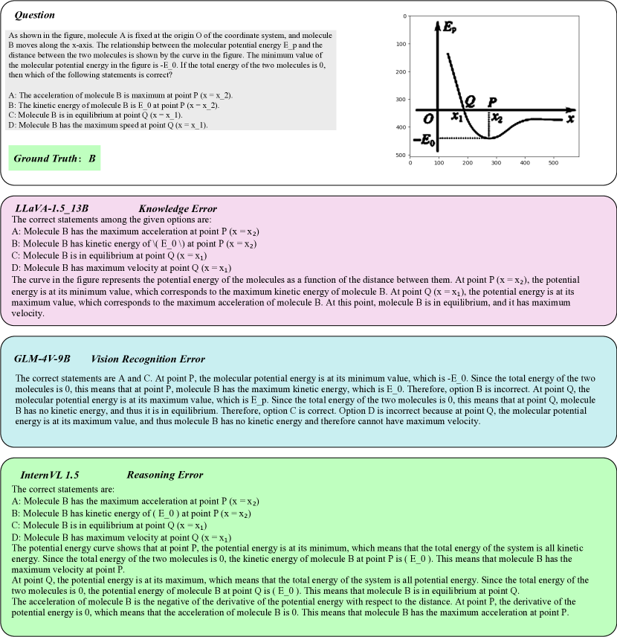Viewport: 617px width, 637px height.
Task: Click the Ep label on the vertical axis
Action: coord(450,28)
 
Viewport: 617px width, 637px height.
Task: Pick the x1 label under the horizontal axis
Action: coord(458,118)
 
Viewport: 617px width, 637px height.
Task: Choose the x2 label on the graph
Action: coord(497,118)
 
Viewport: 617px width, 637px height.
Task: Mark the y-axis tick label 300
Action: coord(401,99)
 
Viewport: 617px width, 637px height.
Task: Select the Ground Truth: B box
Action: coord(55,159)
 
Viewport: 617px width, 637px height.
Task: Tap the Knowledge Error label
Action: coord(178,208)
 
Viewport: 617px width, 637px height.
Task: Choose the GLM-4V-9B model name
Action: coord(42,359)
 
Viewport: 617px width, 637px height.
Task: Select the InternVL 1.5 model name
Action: coord(50,475)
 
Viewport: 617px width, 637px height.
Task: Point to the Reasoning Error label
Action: coord(165,475)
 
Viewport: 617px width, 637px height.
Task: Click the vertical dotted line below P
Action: coord(488,124)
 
